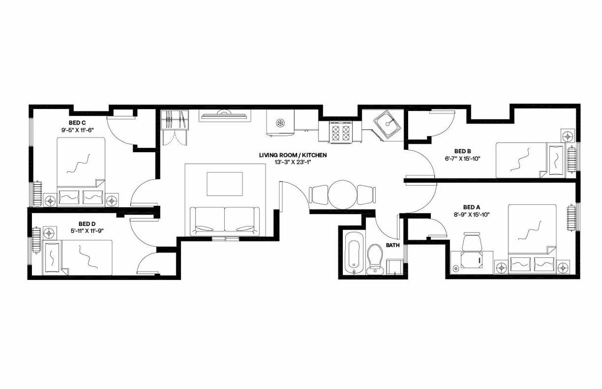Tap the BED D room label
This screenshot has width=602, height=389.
(87, 224)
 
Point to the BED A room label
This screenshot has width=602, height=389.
(472, 207)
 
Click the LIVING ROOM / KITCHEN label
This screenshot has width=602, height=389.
(293, 155)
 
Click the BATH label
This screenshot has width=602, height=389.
(393, 245)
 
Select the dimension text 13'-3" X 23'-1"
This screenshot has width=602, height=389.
(293, 162)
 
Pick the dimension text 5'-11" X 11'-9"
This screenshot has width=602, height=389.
(87, 230)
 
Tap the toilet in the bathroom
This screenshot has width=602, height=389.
(375, 258)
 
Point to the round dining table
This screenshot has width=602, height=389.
(342, 194)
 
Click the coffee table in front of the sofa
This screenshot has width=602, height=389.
(225, 184)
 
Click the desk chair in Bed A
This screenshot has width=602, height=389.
(472, 242)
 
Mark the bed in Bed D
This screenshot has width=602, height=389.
(79, 257)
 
